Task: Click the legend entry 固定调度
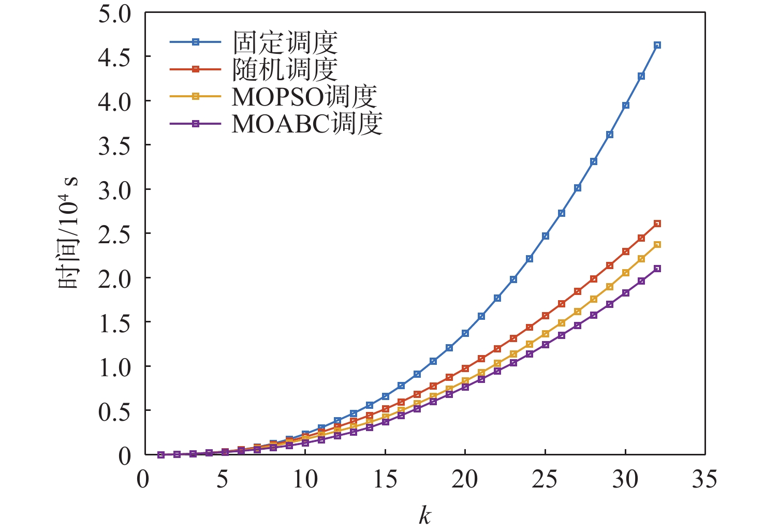pyautogui.click(x=285, y=42)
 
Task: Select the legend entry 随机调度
pyautogui.click(x=285, y=69)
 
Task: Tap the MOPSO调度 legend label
pyautogui.click(x=304, y=96)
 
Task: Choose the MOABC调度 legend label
pyautogui.click(x=307, y=124)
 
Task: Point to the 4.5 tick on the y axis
pyautogui.click(x=115, y=57)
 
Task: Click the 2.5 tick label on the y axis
pyautogui.click(x=115, y=234)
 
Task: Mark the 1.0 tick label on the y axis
pyautogui.click(x=115, y=367)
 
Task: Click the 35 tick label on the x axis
pyautogui.click(x=705, y=480)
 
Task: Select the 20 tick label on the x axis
pyautogui.click(x=465, y=480)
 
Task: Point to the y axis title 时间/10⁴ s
pyautogui.click(x=68, y=233)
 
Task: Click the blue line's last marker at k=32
pyautogui.click(x=657, y=46)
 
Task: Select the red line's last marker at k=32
pyautogui.click(x=657, y=224)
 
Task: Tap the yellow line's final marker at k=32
pyautogui.click(x=657, y=244)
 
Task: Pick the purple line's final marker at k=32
pyautogui.click(x=657, y=269)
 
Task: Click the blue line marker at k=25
pyautogui.click(x=545, y=236)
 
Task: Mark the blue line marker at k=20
pyautogui.click(x=465, y=333)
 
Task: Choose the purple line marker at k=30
pyautogui.click(x=625, y=293)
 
